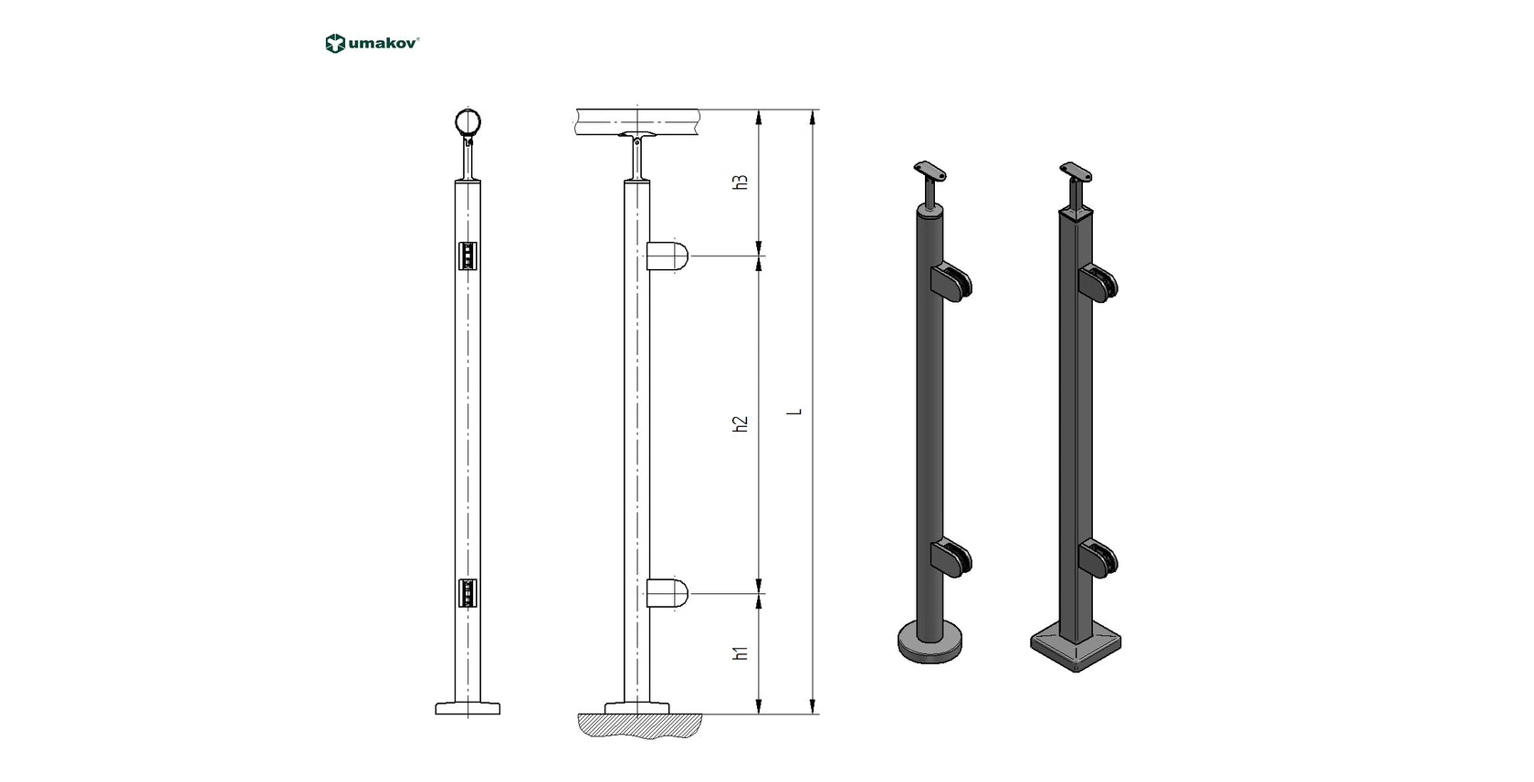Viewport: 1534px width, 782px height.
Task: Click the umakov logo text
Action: pyautogui.click(x=383, y=43)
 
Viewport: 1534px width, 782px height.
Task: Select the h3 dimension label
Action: pyautogui.click(x=741, y=182)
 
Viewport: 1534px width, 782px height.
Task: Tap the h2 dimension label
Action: pyautogui.click(x=741, y=423)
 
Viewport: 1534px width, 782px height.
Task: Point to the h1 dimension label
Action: pyautogui.click(x=741, y=652)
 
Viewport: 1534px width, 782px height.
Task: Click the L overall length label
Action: pyautogui.click(x=795, y=412)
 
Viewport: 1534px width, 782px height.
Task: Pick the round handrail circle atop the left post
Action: pyautogui.click(x=468, y=122)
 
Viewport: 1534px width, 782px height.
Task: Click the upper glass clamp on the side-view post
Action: pyautogui.click(x=667, y=256)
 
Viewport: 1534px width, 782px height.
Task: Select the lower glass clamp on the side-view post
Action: pyautogui.click(x=667, y=593)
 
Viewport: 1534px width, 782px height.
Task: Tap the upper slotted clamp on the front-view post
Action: pyautogui.click(x=468, y=255)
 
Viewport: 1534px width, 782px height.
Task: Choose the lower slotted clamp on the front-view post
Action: pyautogui.click(x=468, y=593)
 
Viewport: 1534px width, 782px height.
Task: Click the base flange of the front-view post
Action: pyautogui.click(x=468, y=708)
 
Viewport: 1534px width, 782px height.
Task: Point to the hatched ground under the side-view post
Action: pyautogui.click(x=639, y=725)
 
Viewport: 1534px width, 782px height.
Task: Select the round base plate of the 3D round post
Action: pyautogui.click(x=930, y=643)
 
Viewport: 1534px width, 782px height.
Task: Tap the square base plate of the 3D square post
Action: pyautogui.click(x=1076, y=649)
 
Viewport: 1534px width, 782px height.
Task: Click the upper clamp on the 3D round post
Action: pyautogui.click(x=952, y=282)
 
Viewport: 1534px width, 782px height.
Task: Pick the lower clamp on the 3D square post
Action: pyautogui.click(x=1098, y=559)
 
